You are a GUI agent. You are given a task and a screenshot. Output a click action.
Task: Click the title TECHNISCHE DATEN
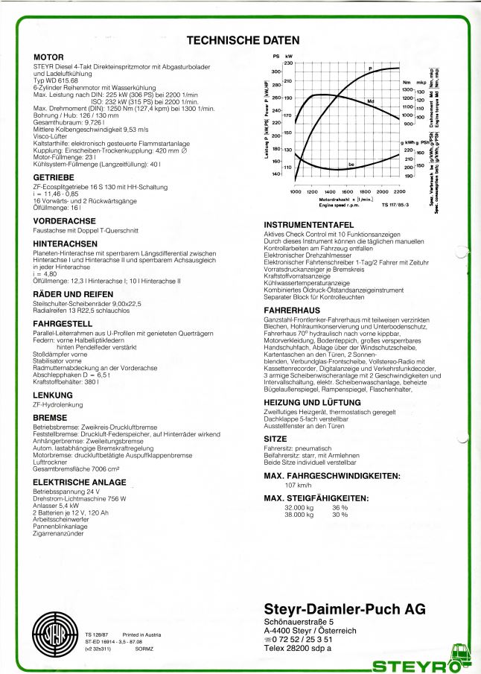(243, 40)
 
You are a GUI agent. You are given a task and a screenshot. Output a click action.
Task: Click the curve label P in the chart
(369, 69)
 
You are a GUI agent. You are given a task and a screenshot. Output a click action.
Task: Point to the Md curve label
(370, 100)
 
